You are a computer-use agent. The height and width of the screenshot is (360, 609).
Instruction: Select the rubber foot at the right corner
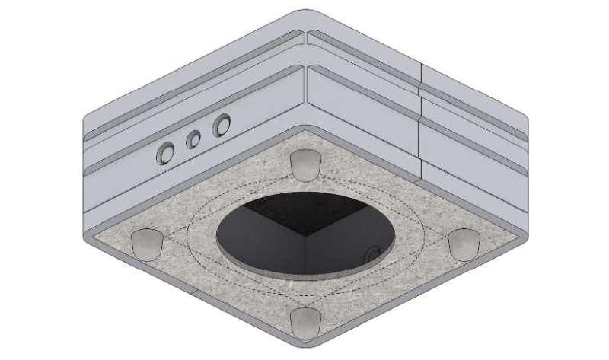463,243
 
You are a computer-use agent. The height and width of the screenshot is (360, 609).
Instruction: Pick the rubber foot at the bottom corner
305,322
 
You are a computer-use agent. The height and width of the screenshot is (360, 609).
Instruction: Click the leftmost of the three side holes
164,155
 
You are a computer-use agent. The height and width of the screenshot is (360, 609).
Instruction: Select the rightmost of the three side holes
222,123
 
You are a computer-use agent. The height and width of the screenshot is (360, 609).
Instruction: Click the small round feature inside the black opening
372,254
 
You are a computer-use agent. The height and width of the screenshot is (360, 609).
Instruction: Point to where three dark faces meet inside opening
304,236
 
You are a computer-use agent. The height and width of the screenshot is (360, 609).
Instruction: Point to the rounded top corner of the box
304,14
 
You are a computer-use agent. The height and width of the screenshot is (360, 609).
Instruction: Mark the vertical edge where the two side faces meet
305,84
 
